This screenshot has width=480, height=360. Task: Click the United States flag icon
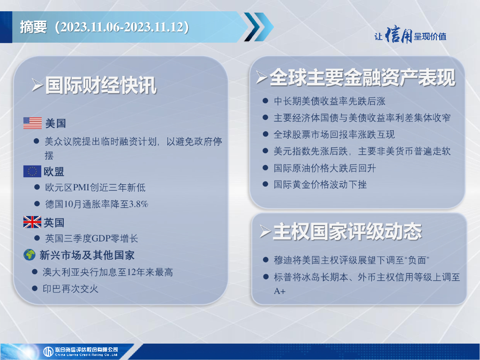pos(32,123)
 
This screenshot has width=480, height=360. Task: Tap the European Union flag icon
pos(32,172)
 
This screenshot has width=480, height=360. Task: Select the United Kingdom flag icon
pos(32,222)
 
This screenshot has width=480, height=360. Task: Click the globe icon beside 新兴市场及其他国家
pos(30,255)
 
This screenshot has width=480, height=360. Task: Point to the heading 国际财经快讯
pos(101,85)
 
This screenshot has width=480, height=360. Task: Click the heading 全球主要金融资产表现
pos(362,77)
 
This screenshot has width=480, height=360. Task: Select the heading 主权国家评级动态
pos(347,232)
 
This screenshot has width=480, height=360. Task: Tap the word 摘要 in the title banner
pos(33,27)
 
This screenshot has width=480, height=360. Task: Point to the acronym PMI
pos(82,187)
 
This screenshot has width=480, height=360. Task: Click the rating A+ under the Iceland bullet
pos(279,291)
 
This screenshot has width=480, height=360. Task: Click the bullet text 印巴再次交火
pos(70,289)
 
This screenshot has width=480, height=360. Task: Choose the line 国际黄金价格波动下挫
pos(320,184)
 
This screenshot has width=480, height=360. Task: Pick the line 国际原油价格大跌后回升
pos(324,168)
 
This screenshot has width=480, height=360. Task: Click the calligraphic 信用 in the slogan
pos(398,35)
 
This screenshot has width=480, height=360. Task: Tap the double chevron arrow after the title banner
pos(259,27)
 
